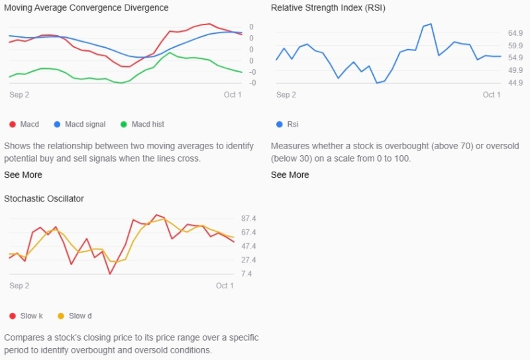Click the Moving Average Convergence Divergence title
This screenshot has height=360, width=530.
86,8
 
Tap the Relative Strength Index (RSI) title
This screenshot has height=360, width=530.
328,8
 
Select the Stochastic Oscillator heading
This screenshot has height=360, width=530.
44,199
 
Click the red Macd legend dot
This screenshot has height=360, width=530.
13,125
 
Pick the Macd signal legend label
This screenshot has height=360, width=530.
85,125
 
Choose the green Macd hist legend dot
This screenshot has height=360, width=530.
124,125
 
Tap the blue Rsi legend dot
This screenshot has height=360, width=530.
279,125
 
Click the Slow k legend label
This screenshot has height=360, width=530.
31,316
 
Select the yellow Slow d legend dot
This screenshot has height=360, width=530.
61,316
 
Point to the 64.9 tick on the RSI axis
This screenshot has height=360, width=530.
515,33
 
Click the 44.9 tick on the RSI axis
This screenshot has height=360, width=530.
515,83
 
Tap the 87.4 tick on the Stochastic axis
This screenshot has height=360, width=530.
248,219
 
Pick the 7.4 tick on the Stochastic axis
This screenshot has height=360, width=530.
246,274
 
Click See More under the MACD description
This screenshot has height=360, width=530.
23,174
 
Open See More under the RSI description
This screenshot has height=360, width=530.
290,174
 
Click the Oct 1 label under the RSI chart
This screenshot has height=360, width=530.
492,95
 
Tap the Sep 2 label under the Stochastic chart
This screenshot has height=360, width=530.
19,286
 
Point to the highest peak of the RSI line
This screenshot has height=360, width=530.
431,24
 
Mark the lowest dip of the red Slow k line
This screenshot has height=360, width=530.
110,274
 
